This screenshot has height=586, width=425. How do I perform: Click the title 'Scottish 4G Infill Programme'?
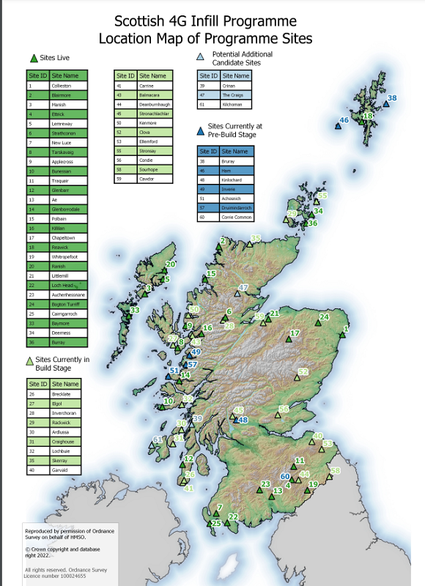click(x=205, y=21)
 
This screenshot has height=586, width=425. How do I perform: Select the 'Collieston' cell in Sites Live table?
click(x=62, y=86)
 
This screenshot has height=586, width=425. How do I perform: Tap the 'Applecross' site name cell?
click(x=63, y=161)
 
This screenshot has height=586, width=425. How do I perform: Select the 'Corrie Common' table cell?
click(x=237, y=218)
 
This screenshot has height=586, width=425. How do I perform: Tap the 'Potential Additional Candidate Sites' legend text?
click(x=242, y=59)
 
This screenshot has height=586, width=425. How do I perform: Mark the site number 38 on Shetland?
click(x=393, y=98)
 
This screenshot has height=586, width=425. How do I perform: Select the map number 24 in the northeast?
click(x=324, y=317)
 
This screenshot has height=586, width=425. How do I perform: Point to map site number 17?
click(x=295, y=333)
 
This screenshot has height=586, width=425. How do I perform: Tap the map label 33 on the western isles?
click(x=135, y=311)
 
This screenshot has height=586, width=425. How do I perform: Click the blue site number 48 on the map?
click(x=243, y=420)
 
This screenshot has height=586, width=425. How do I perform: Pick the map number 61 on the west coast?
click(x=156, y=439)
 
